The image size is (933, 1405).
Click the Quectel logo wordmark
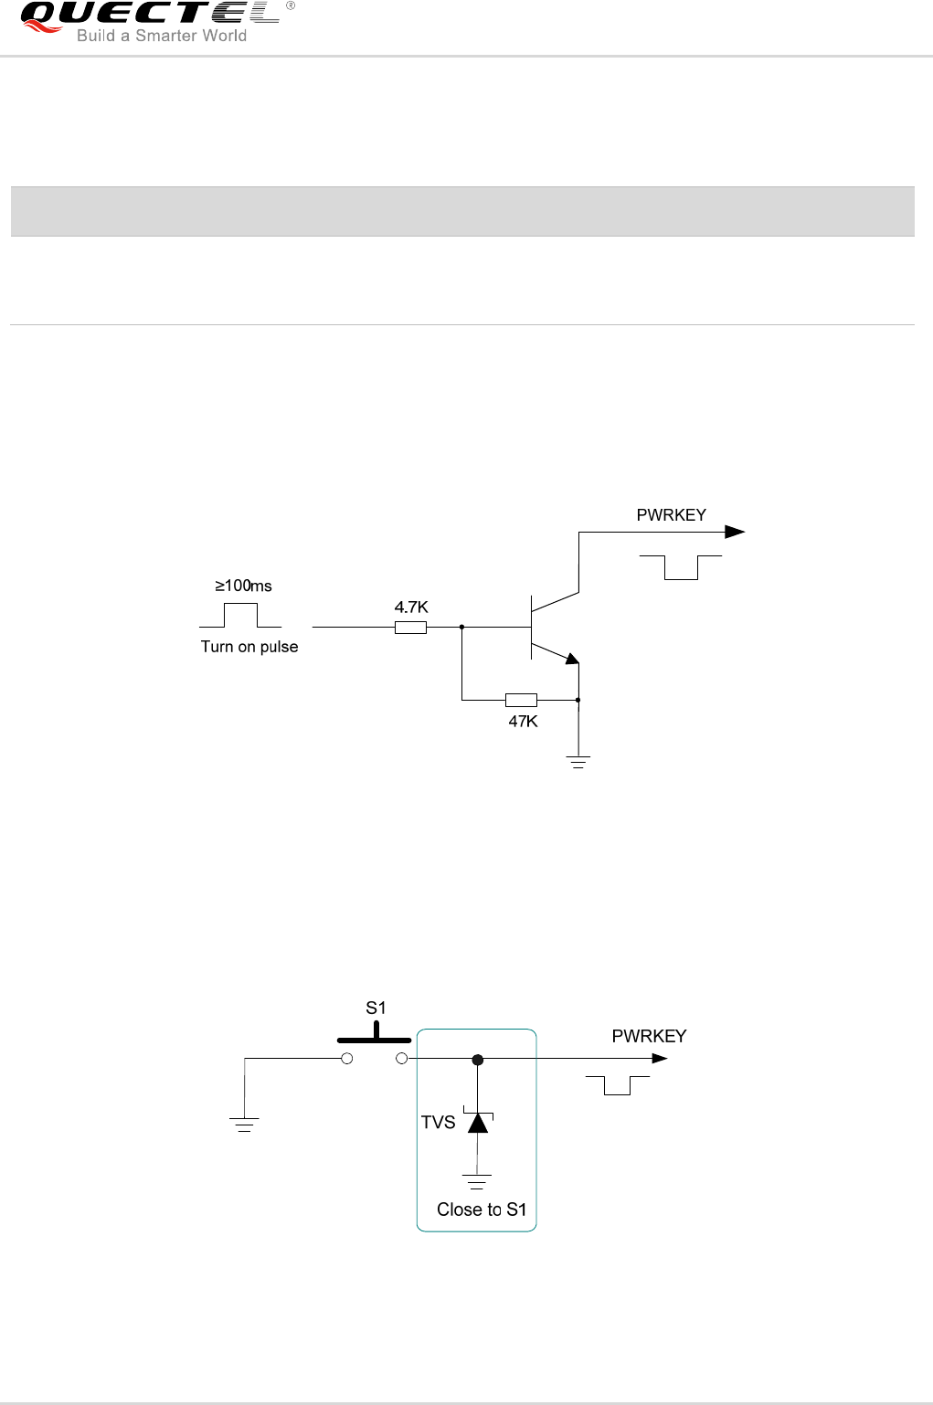150,15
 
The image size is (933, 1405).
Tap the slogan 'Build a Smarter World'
162,37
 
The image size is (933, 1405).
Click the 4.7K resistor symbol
410,628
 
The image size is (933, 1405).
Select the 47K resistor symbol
521,701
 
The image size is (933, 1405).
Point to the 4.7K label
411,607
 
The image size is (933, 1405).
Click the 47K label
523,722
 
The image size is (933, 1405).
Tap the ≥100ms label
243,586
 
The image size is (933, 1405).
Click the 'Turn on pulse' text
249,647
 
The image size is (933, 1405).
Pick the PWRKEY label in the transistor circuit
671,515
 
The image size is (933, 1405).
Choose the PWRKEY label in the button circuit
649,1036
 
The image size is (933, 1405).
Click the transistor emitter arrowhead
572,658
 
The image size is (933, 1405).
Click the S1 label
376,1009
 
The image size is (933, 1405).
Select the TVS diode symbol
478,1122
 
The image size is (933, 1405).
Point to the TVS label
438,1123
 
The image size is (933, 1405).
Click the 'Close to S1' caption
482,1210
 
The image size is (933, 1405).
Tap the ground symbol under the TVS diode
477,1181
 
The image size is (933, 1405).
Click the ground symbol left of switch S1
245,1125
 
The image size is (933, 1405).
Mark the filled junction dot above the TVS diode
477,1060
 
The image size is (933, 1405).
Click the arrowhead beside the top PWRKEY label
735,532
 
